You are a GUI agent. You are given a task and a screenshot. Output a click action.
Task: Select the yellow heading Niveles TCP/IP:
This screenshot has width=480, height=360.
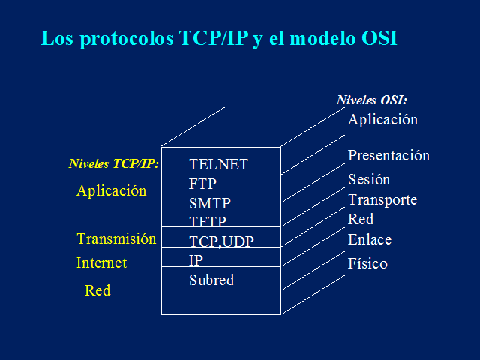(x=114, y=163)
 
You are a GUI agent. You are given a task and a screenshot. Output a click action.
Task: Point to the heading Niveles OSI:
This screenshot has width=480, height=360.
(x=372, y=100)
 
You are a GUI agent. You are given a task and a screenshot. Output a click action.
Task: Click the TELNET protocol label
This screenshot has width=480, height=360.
(x=218, y=164)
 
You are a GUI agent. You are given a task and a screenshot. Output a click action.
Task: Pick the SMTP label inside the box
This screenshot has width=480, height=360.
(x=209, y=203)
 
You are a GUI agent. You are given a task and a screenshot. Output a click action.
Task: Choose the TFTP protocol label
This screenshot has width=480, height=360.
(x=208, y=221)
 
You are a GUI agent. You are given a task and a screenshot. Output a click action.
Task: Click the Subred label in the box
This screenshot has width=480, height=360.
(x=211, y=280)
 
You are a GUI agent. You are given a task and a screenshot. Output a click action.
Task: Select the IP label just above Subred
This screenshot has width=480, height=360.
(x=196, y=260)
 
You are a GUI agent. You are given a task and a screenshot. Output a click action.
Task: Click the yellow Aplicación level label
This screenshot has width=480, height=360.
(x=112, y=190)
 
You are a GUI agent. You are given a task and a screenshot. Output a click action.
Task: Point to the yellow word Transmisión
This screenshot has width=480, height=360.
(x=116, y=239)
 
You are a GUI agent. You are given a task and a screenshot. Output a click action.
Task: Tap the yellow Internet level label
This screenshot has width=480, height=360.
(x=101, y=263)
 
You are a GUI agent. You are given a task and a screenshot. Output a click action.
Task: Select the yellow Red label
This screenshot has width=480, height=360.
(x=97, y=290)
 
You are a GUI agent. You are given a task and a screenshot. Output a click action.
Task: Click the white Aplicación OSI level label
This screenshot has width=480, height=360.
(x=382, y=119)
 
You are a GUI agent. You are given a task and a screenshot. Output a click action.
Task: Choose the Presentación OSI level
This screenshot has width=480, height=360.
(x=388, y=156)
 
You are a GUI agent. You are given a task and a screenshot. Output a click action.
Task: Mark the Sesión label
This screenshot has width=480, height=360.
(x=369, y=180)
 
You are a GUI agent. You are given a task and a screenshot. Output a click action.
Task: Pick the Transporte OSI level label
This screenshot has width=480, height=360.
(x=382, y=200)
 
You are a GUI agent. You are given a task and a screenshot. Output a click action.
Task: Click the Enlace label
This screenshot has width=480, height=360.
(x=370, y=240)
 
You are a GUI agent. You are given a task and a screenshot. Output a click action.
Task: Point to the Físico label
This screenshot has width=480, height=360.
(x=367, y=264)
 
